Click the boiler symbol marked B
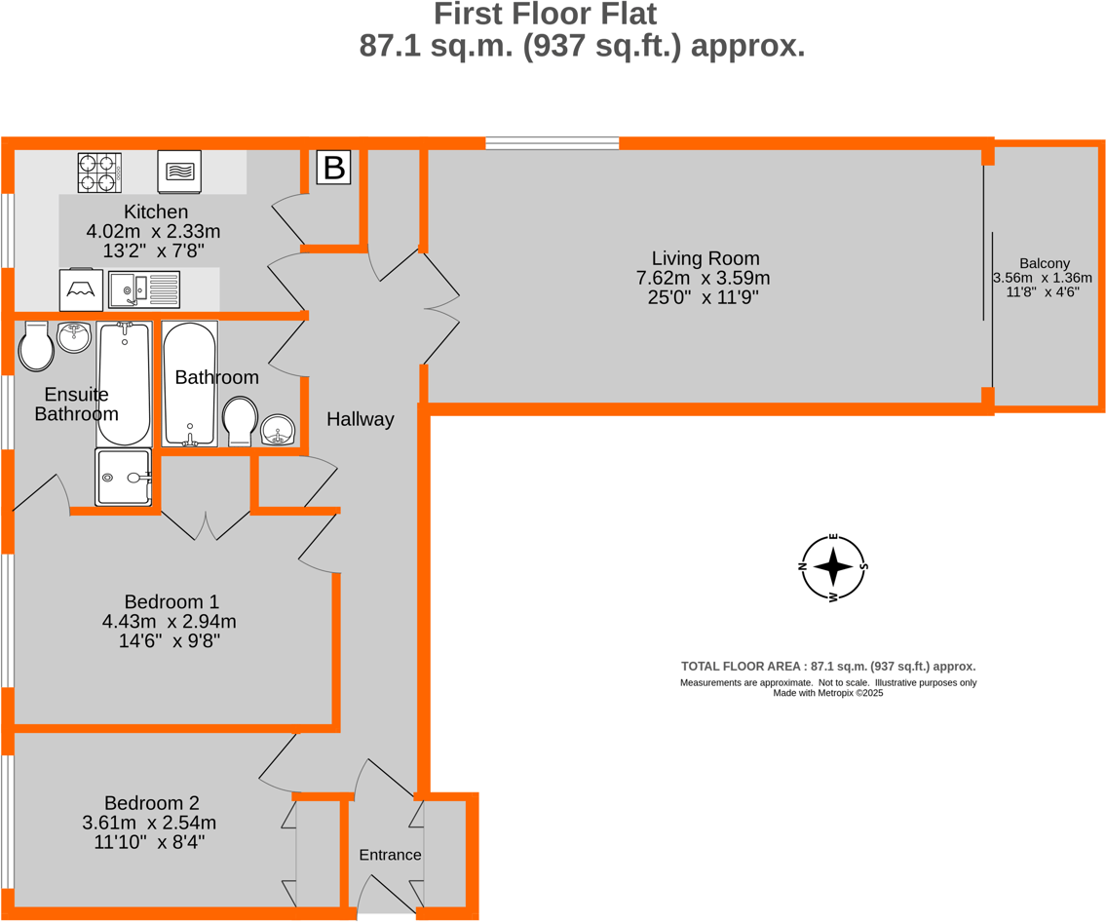click(333, 168)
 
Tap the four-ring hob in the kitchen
click(99, 173)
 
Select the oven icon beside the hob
click(179, 173)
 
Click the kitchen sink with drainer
click(144, 288)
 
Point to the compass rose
click(833, 566)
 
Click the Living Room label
click(705, 258)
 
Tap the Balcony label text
click(1045, 263)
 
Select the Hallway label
click(360, 419)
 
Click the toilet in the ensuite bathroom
click(36, 347)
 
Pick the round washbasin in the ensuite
click(74, 338)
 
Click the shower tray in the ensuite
click(124, 477)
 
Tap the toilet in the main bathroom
click(240, 422)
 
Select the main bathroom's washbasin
click(280, 430)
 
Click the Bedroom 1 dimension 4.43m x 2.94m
click(169, 621)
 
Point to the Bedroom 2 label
click(151, 803)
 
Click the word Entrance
click(390, 855)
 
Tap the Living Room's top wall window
click(552, 143)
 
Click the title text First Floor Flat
click(545, 15)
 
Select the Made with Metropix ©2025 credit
click(827, 693)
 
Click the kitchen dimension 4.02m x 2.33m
click(153, 231)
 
